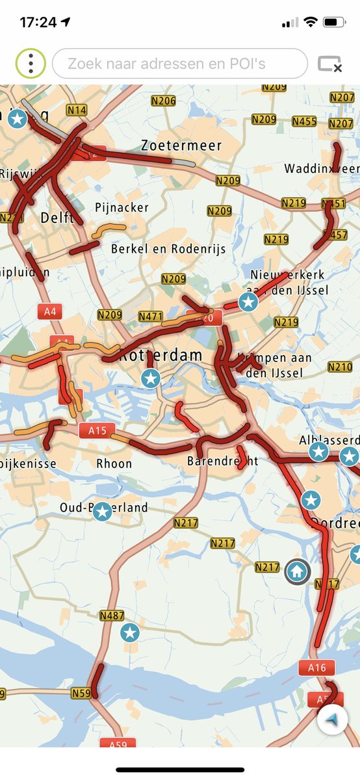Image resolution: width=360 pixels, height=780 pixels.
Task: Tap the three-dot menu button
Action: coord(31,64)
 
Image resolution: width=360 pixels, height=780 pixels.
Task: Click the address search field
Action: coord(179,64)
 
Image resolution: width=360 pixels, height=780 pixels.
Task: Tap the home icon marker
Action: coord(297,571)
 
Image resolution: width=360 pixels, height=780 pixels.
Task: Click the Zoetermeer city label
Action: coord(181,146)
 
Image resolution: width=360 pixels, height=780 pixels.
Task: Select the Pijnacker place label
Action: coord(122,208)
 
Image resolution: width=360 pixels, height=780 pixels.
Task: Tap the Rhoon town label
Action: coord(114,463)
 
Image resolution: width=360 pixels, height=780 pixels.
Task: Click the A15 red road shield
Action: coord(97,430)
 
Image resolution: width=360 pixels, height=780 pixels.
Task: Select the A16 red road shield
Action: coord(316,668)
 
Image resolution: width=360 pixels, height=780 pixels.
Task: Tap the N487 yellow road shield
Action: coord(112,616)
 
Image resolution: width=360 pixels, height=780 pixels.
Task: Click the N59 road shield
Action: coord(81,694)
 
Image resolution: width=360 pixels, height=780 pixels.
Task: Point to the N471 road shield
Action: coord(151,316)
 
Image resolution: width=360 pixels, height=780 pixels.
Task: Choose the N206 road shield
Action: coord(163,101)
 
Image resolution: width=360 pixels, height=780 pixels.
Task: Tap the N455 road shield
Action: coord(304,122)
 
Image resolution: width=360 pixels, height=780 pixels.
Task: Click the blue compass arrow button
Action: coord(333,720)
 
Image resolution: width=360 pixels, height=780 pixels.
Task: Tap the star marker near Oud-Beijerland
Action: coord(102,512)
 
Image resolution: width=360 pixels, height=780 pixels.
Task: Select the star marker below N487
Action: coord(131,632)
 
